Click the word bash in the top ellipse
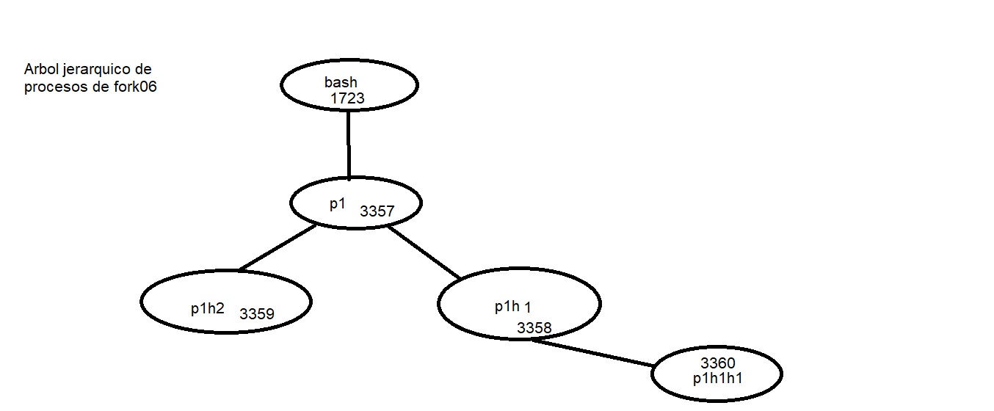(x=341, y=82)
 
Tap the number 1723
(x=347, y=98)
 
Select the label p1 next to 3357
(x=337, y=204)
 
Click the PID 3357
(x=377, y=211)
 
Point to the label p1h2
(x=207, y=308)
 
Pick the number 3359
(x=257, y=314)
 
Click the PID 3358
(x=534, y=328)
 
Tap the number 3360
(x=717, y=363)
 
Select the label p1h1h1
(x=717, y=379)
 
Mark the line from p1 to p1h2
(x=277, y=247)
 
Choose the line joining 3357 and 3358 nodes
(x=424, y=252)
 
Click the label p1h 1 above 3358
(x=512, y=306)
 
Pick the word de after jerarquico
(x=143, y=69)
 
